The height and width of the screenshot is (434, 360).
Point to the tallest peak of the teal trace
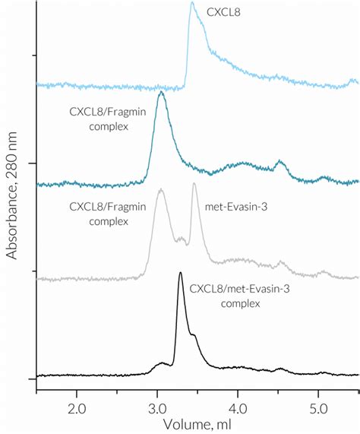click(160, 94)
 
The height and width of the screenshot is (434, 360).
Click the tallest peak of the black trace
click(180, 273)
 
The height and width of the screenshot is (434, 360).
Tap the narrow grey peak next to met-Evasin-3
click(194, 184)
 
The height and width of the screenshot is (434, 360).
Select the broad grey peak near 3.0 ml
click(160, 190)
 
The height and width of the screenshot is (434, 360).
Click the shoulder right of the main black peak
click(194, 335)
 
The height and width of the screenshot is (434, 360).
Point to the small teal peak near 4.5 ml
click(280, 162)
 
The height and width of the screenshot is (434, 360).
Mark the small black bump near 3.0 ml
click(160, 363)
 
